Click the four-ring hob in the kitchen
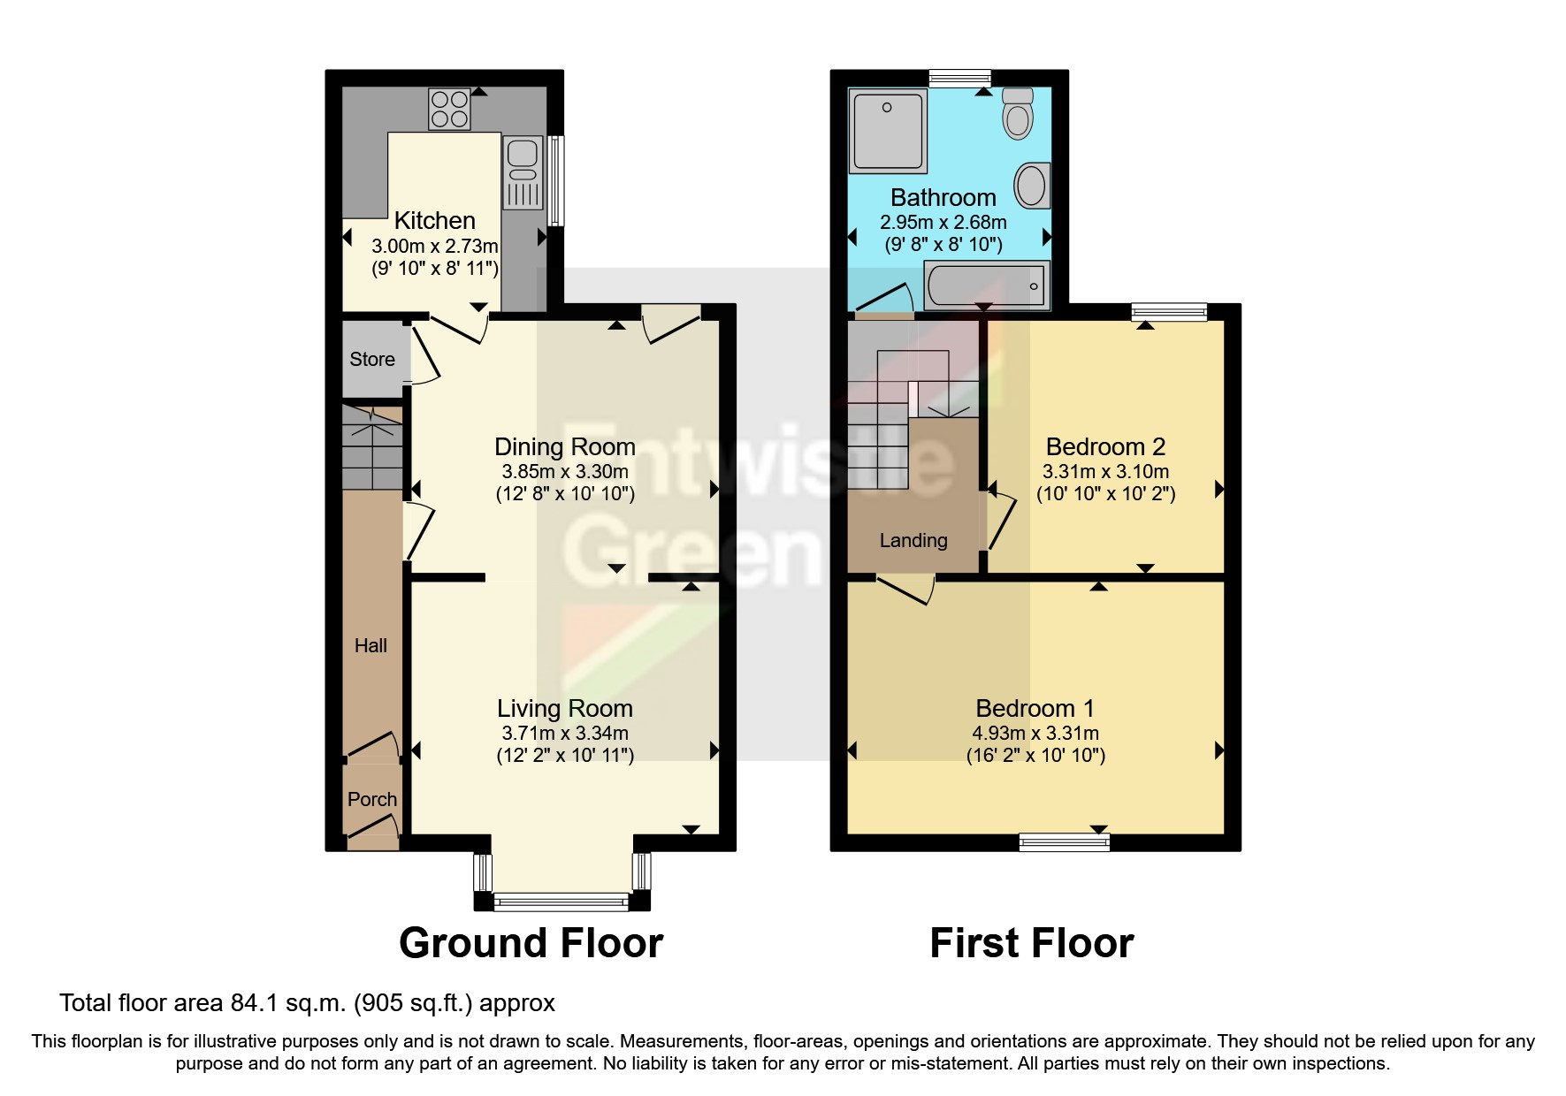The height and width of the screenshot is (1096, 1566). (449, 110)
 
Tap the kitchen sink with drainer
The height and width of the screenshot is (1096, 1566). (523, 171)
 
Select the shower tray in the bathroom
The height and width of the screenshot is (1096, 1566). (887, 130)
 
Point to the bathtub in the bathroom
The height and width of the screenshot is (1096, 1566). (986, 285)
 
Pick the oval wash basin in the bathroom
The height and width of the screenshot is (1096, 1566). (1031, 185)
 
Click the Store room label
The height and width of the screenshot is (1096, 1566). (371, 359)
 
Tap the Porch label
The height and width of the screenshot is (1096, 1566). (371, 799)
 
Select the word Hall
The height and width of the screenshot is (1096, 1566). (370, 645)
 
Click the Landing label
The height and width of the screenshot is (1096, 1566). (913, 540)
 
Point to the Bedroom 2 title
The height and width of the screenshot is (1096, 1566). (1104, 446)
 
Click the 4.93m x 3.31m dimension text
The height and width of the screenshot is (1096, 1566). (1035, 733)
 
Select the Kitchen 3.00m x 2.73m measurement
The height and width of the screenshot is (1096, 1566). (434, 246)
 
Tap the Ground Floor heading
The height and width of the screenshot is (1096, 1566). (531, 943)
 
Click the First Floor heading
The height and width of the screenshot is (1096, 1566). (1031, 943)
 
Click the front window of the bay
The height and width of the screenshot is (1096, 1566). (561, 902)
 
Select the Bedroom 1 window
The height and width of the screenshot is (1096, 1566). (1064, 842)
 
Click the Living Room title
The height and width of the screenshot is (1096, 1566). (564, 708)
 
